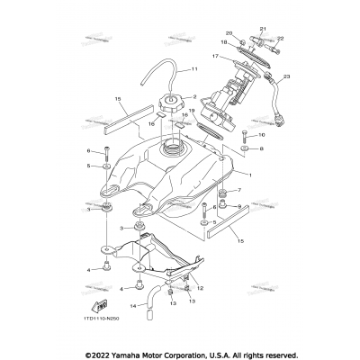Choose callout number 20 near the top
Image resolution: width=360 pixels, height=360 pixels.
tap(229, 34)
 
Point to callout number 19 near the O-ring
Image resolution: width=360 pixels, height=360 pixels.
tap(192, 111)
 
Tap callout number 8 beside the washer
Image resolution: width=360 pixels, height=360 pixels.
tap(262, 150)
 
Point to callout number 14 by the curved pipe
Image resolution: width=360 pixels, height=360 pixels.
tap(131, 307)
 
